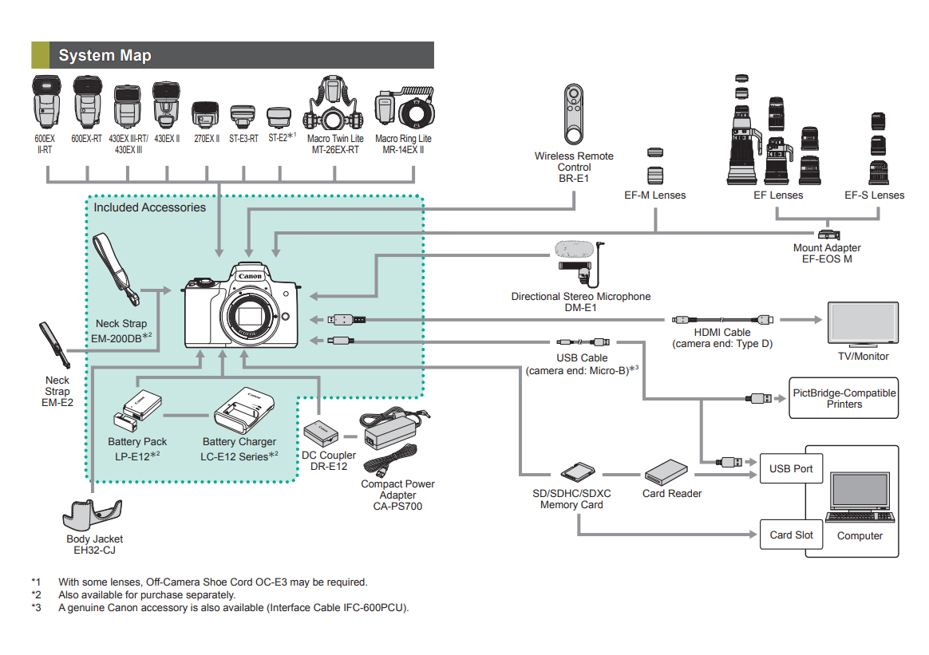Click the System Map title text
point(105,55)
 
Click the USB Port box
point(791,468)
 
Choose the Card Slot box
point(791,535)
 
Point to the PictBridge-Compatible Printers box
point(844,398)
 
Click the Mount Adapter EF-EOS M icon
point(828,235)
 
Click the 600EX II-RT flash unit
point(44,102)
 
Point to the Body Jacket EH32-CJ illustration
point(93,515)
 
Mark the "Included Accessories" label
point(149,207)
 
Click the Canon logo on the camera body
point(250,276)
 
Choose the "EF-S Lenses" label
point(875,195)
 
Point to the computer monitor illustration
point(859,495)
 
